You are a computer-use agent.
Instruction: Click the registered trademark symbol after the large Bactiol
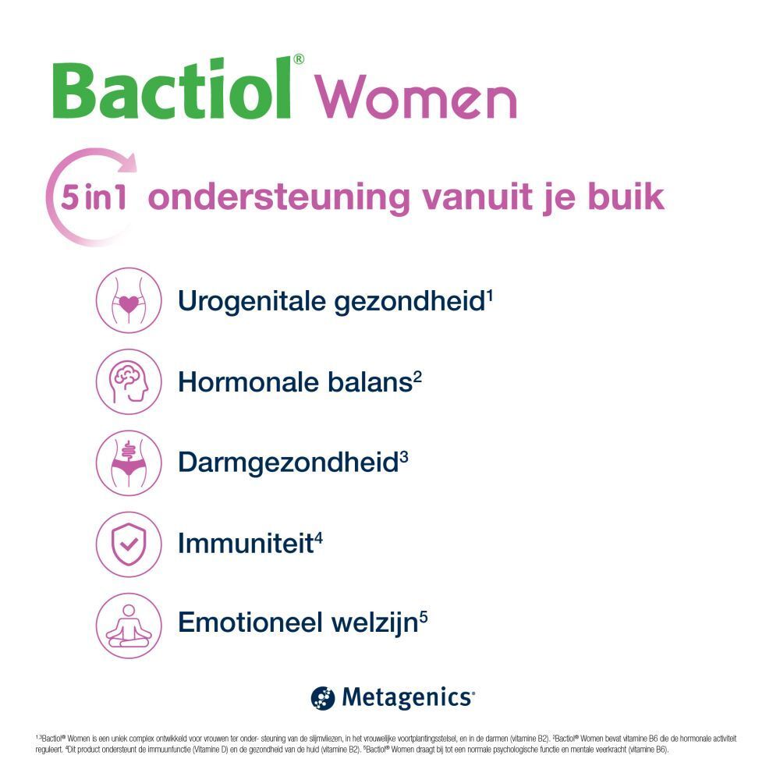click(x=298, y=59)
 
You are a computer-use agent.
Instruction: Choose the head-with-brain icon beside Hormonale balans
click(x=128, y=381)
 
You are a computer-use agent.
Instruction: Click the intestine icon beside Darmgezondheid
click(x=128, y=463)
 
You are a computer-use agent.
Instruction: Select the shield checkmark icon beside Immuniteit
click(x=128, y=544)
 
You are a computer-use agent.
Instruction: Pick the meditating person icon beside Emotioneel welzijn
click(x=128, y=625)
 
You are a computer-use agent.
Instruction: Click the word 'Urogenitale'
click(x=251, y=302)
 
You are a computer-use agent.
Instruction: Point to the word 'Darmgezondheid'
click(x=287, y=463)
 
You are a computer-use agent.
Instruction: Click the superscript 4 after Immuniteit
click(x=318, y=536)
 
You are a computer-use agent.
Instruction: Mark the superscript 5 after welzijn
click(x=423, y=617)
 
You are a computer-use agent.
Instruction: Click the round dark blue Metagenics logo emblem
click(x=322, y=697)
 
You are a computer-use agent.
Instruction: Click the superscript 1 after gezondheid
click(x=489, y=294)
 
